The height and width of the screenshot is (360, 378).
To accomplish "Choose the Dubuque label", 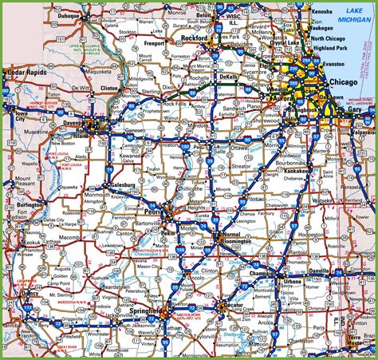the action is pyautogui.click(x=85, y=14).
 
